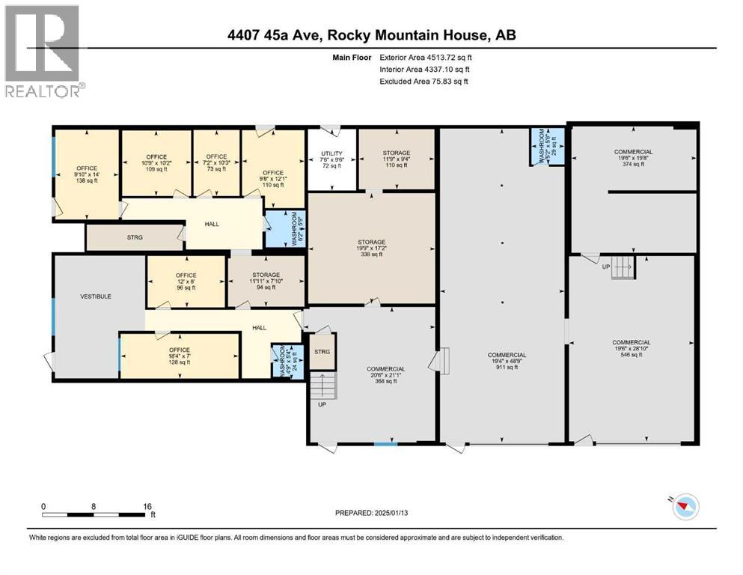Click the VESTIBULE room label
tap(95, 296)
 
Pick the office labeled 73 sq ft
tap(215, 163)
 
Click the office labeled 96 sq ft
tap(186, 282)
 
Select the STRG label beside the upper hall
tap(135, 237)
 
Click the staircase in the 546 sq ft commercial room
tap(622, 267)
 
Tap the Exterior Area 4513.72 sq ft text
tap(426, 57)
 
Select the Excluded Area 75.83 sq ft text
tap(424, 81)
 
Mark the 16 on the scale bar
tap(147, 506)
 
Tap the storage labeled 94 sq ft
tap(266, 281)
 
